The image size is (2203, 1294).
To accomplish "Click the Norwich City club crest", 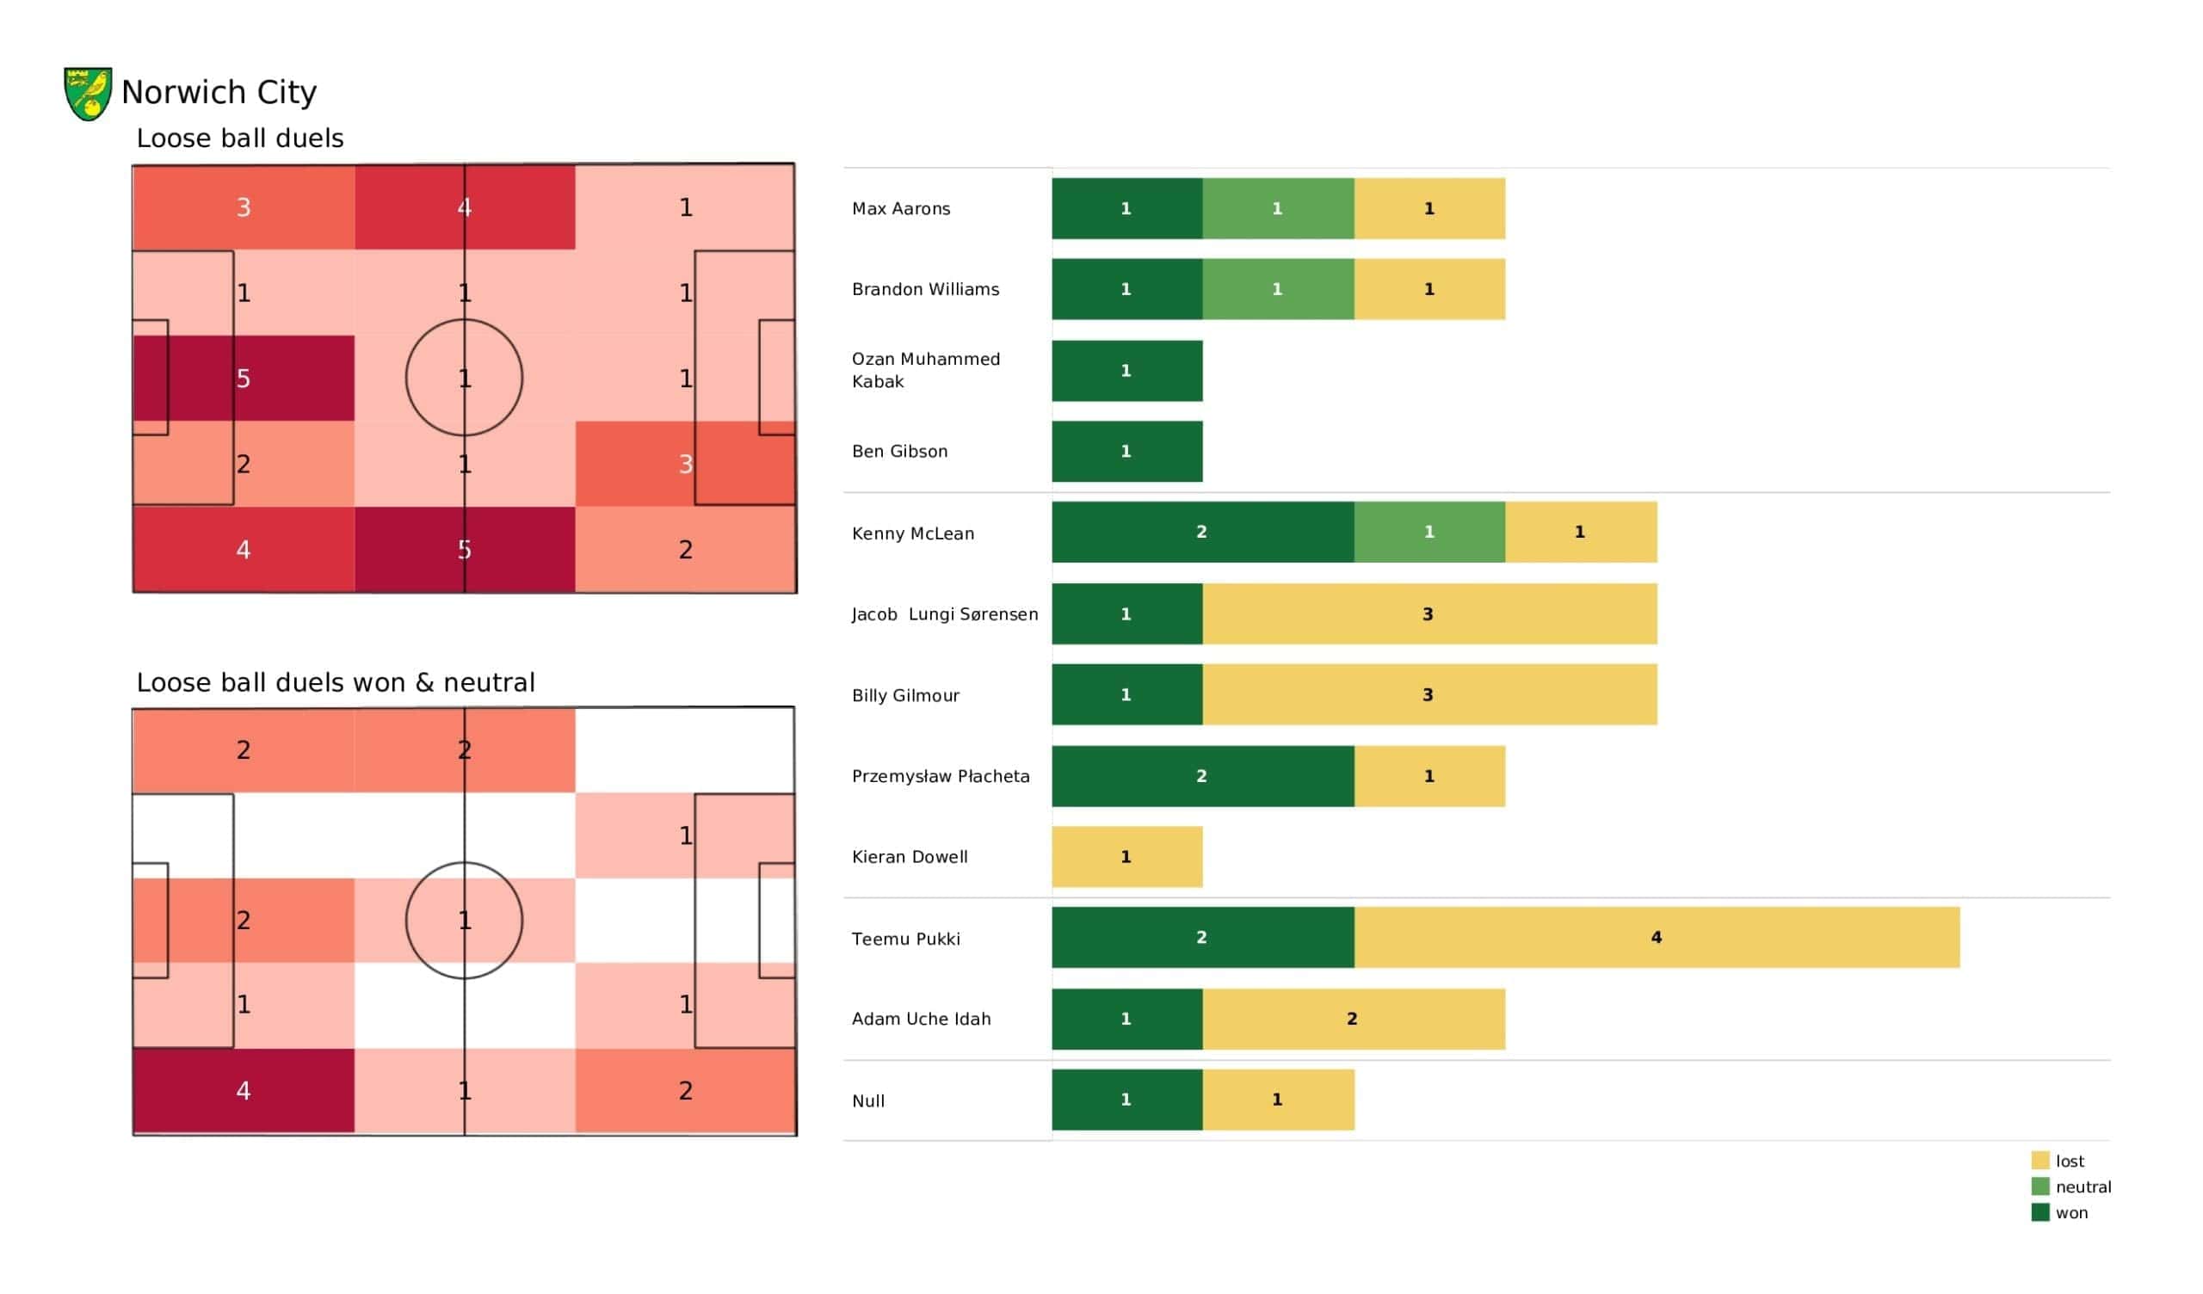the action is click(88, 94).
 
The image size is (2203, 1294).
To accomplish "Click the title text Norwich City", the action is click(219, 92).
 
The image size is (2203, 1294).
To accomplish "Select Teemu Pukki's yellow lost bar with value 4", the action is click(1657, 937).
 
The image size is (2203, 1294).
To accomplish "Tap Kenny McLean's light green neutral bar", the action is click(1429, 532).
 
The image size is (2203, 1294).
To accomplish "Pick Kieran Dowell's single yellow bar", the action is click(1126, 857).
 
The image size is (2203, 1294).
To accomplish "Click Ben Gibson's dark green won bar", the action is click(1126, 451).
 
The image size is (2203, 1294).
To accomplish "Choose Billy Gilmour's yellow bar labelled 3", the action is click(1429, 694).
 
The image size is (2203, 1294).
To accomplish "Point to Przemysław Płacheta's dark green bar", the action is click(1203, 776).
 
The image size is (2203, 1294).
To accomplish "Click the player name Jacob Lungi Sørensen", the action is click(945, 613).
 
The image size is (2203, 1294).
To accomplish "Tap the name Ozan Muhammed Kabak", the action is click(926, 370).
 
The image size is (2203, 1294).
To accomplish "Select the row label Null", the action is click(868, 1100).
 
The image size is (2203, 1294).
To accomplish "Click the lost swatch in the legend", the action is click(2040, 1161).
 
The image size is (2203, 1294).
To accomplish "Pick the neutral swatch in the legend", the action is click(2040, 1186).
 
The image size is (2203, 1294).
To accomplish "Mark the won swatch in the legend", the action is click(2040, 1211).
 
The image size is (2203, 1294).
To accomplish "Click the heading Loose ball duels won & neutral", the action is click(336, 682).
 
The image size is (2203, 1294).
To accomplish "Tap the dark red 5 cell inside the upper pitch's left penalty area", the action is click(244, 379).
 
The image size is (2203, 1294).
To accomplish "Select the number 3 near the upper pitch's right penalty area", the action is click(685, 464).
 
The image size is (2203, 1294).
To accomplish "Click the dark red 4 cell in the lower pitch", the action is click(244, 1090).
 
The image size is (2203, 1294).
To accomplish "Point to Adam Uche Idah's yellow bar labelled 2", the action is click(1355, 1019).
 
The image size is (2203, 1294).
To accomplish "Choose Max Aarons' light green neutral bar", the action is click(1278, 208).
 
